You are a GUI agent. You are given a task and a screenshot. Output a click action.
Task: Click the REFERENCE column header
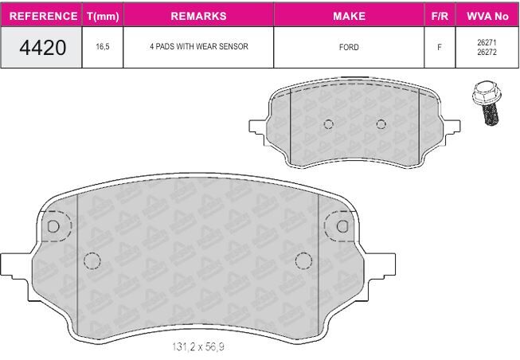pyautogui.click(x=43, y=16)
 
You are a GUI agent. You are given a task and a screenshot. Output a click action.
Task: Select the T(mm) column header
pyautogui.click(x=103, y=16)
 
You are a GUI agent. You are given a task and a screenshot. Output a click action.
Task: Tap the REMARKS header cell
pyautogui.click(x=198, y=16)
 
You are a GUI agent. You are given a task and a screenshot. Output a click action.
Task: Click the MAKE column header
pyautogui.click(x=349, y=16)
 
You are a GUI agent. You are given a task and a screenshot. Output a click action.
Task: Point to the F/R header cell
pyautogui.click(x=440, y=16)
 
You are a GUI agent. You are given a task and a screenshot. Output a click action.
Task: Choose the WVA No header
pyautogui.click(x=487, y=16)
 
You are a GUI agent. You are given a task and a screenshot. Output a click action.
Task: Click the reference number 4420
pyautogui.click(x=43, y=48)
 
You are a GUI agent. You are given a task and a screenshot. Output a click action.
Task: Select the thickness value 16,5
pyautogui.click(x=103, y=46)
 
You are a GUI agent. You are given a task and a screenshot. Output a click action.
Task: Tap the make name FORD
pyautogui.click(x=349, y=47)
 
